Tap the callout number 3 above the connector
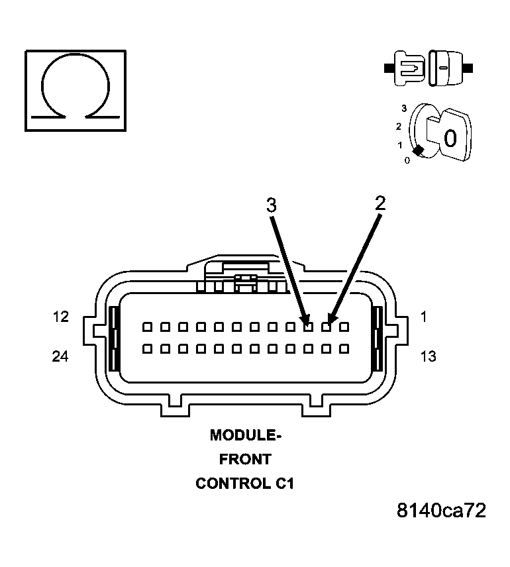tap(272, 205)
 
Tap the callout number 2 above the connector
tap(380, 203)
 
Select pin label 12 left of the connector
tap(61, 317)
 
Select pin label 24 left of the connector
tap(61, 356)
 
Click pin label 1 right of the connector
tap(424, 317)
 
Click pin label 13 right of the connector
tap(429, 356)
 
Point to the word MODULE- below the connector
tap(246, 435)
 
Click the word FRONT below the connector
tap(245, 459)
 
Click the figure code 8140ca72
tap(441, 511)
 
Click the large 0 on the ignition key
tap(450, 138)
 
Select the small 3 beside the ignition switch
tap(404, 107)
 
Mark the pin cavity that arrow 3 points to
tap(308, 327)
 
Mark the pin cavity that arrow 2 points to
tap(326, 327)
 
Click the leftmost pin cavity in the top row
tap(146, 327)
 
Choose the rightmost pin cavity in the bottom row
tap(344, 348)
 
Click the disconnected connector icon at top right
tap(428, 68)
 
